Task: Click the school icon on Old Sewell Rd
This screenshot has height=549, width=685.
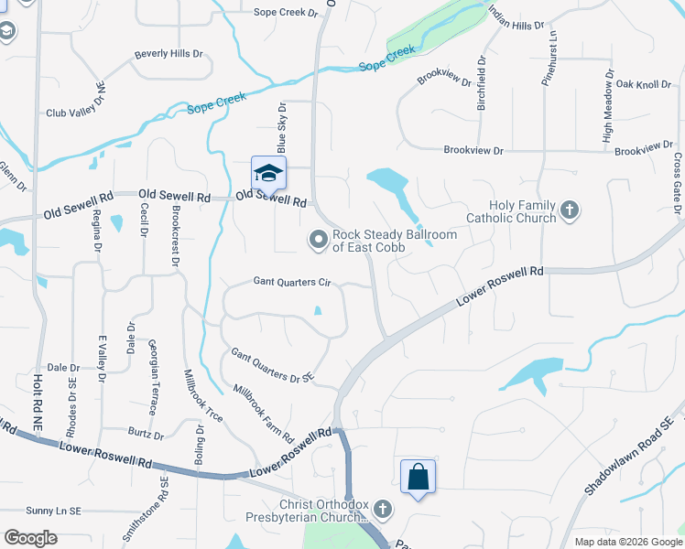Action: (268, 173)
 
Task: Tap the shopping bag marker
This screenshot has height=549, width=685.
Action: (418, 477)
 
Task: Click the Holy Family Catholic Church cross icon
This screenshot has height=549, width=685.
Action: (569, 211)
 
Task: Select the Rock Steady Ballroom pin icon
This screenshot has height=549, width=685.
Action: (319, 240)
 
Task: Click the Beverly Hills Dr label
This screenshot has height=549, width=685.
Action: (169, 54)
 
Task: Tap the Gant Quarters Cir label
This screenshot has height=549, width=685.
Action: (291, 283)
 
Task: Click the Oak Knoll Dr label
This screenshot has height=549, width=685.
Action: (644, 84)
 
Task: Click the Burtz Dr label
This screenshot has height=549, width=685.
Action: (147, 436)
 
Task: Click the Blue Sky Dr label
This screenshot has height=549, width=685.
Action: (282, 128)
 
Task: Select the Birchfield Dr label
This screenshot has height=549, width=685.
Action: (481, 84)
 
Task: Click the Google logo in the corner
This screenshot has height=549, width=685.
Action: (30, 537)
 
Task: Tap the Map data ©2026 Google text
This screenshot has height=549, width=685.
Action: (627, 542)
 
